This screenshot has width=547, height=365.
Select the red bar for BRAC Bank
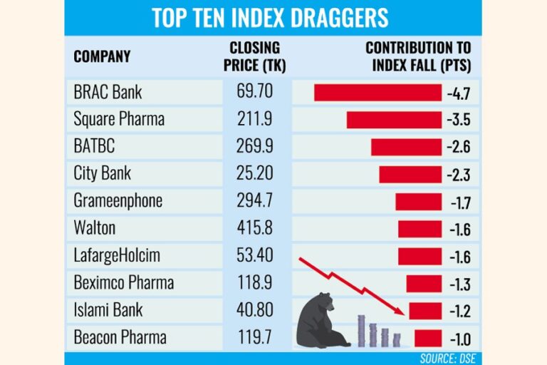click(x=377, y=93)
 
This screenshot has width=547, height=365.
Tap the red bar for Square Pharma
click(x=394, y=120)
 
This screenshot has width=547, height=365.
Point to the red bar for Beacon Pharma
click(x=427, y=337)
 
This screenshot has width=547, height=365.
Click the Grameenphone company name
click(x=118, y=201)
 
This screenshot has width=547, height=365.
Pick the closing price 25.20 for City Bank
click(x=253, y=174)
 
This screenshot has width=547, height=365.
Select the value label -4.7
click(x=459, y=93)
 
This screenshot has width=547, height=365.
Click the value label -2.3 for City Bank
click(x=459, y=174)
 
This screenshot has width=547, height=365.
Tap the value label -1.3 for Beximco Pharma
click(x=459, y=283)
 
